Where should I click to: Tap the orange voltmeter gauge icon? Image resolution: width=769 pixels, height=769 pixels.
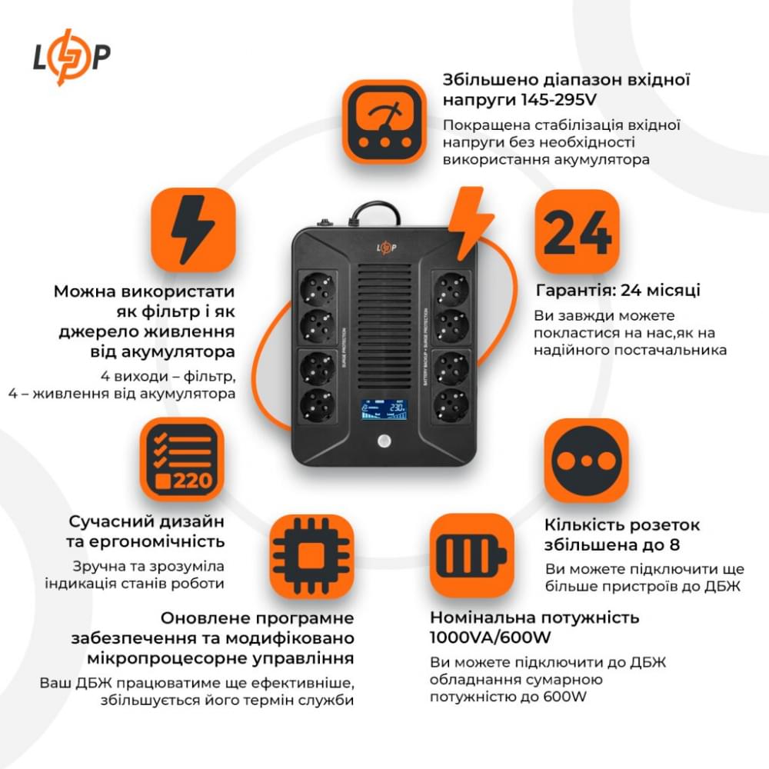pos(384,122)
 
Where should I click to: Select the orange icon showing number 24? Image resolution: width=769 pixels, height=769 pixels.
pos(577,231)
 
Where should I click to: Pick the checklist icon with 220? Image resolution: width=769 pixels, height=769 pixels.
pos(181,459)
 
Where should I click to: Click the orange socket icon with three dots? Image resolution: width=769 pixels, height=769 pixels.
pos(586,460)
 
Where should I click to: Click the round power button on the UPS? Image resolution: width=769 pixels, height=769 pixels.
pos(384,444)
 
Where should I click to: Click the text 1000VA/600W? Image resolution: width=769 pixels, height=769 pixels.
pos(487,638)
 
